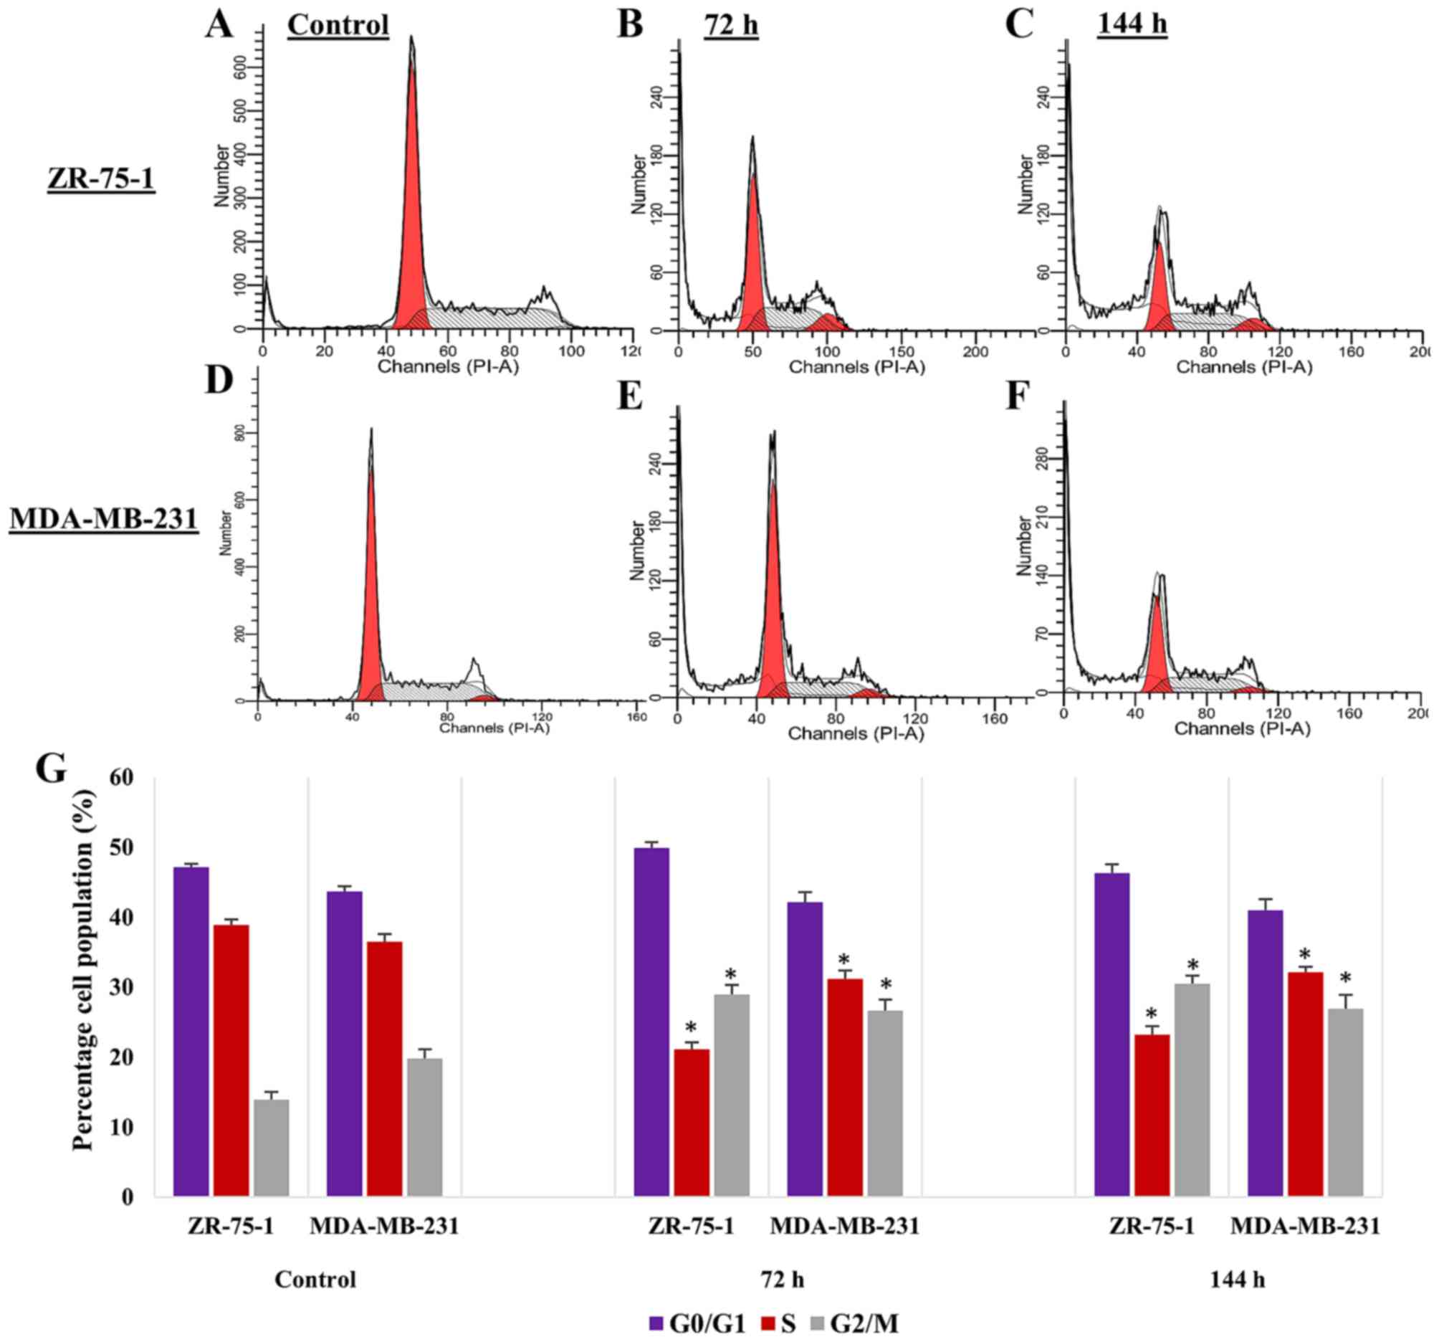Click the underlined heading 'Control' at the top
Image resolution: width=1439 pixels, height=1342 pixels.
(x=338, y=24)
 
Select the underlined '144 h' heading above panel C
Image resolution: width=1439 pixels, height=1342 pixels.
(x=1132, y=24)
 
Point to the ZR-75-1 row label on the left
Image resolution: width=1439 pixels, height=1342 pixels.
(x=100, y=179)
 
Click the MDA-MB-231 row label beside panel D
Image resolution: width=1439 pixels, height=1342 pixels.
(x=103, y=518)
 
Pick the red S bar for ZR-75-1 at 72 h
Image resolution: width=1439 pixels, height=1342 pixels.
(x=692, y=1122)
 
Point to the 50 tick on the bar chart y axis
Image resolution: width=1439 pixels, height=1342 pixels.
(x=125, y=848)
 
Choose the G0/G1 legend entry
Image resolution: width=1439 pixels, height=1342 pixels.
(x=697, y=1325)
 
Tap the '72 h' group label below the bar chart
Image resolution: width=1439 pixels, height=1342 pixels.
(x=783, y=1280)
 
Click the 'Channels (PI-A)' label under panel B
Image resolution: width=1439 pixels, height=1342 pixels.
(x=856, y=367)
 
